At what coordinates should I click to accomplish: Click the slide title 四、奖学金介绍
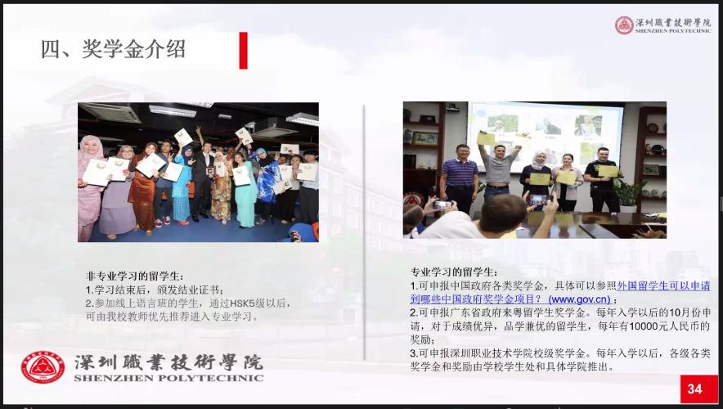113,49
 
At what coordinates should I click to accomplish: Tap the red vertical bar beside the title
244,50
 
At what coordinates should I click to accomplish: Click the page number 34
695,389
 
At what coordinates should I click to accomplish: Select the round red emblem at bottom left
43,367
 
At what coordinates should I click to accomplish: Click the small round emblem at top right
624,25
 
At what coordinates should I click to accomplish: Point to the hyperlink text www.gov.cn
580,299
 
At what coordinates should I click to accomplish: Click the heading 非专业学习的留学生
134,276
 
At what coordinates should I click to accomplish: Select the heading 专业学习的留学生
454,272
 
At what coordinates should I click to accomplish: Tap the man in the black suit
204,182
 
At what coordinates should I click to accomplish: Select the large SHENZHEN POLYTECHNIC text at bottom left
168,378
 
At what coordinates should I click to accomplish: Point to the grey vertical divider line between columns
364,232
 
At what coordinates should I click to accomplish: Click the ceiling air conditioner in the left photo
110,112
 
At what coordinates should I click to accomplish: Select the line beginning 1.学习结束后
155,290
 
